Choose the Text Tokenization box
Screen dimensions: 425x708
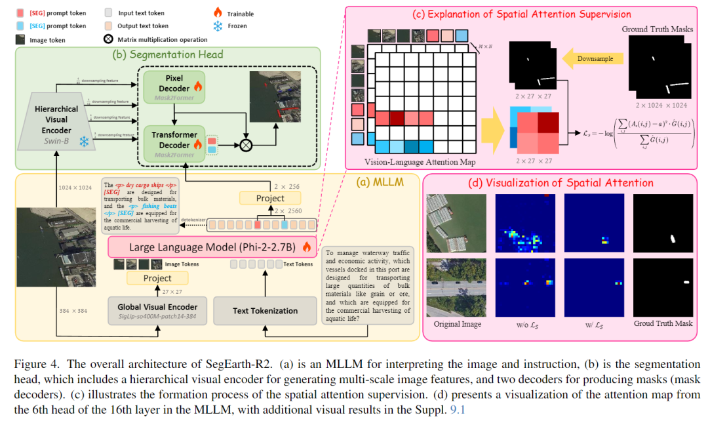click(265, 310)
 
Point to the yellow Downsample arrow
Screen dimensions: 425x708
click(595, 58)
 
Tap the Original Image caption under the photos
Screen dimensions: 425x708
click(458, 324)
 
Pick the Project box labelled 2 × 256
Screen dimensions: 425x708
click(270, 198)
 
